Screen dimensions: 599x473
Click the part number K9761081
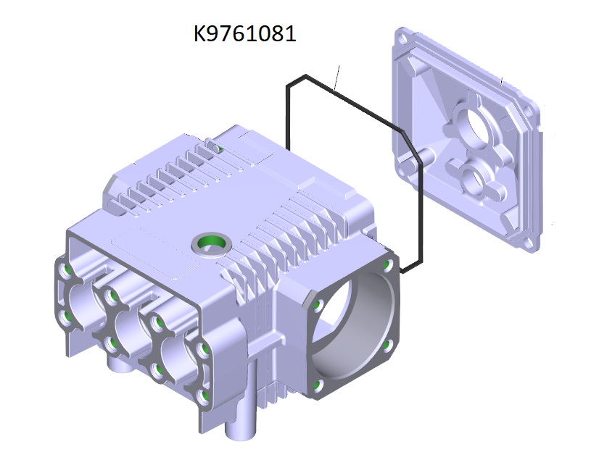pos(245,33)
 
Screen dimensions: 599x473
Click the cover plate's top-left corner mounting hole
pos(401,38)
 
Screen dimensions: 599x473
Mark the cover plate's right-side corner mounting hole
pos(527,112)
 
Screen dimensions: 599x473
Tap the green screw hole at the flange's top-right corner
pos(388,264)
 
